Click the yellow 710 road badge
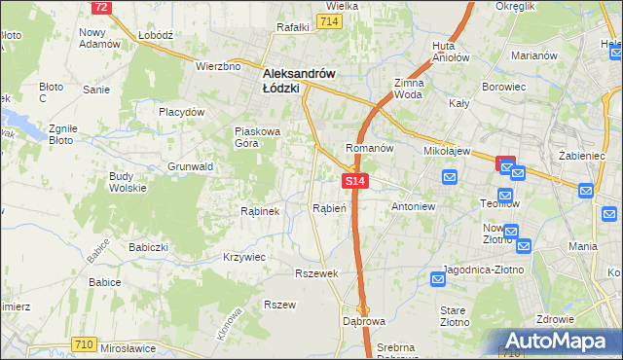click(x=85, y=344)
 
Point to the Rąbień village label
click(x=324, y=207)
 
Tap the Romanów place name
click(x=369, y=148)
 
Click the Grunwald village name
click(x=190, y=167)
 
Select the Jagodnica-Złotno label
click(x=484, y=269)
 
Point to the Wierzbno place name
click(x=217, y=66)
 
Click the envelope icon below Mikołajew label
click(x=449, y=176)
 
